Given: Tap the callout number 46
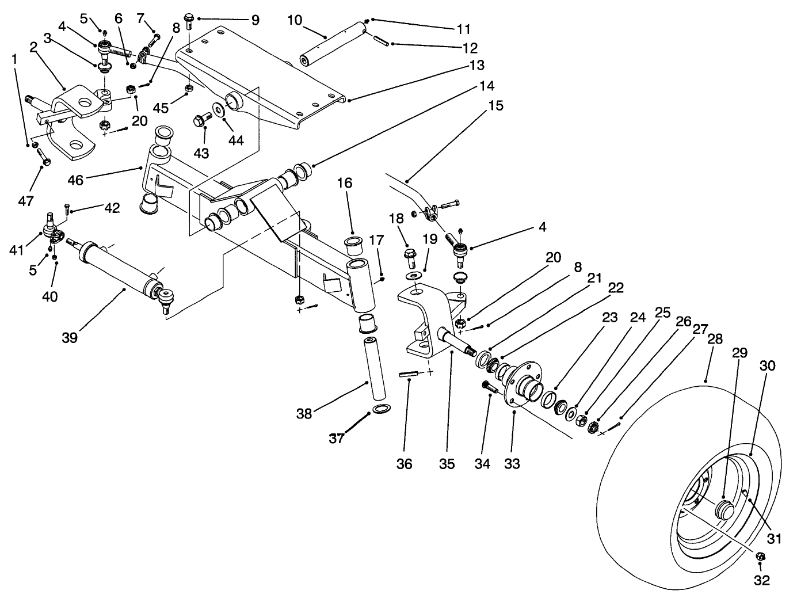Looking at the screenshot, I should (x=75, y=180).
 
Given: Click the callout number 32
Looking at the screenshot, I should (x=761, y=581).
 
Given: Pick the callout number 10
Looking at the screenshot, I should (x=295, y=21).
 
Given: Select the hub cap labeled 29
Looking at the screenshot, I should (x=723, y=510).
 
